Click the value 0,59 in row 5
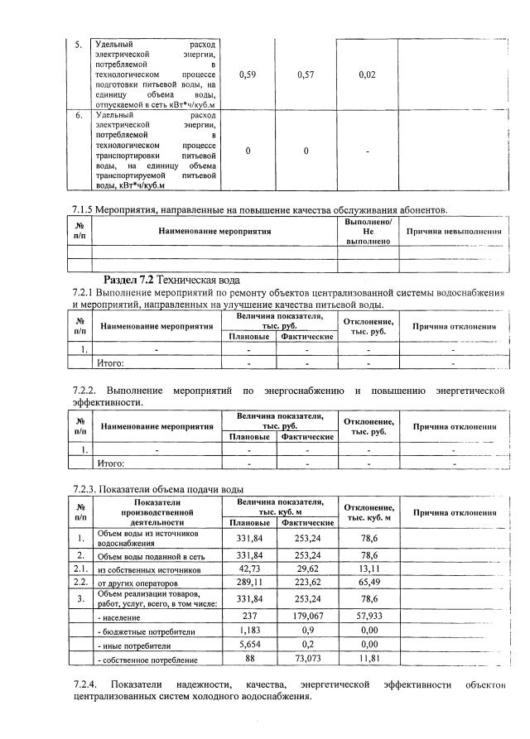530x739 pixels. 246,74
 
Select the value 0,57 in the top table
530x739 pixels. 306,74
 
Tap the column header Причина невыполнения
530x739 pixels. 455,231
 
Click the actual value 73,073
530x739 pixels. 307,660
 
